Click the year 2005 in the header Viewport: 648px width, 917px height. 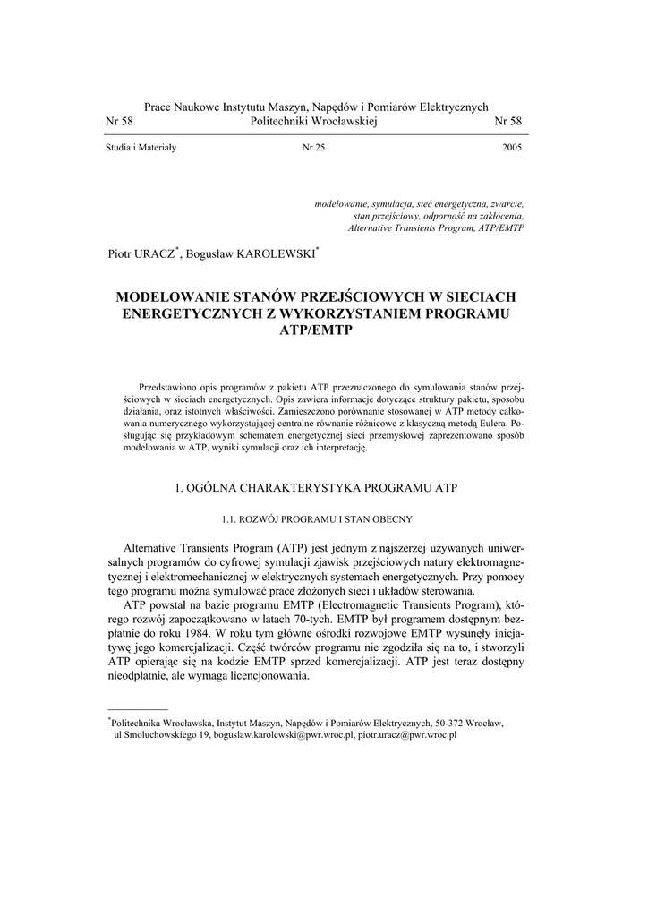(512, 148)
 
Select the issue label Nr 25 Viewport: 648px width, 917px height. (313, 148)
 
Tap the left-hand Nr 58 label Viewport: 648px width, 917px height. (119, 121)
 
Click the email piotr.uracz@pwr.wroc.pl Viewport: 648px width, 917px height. (408, 734)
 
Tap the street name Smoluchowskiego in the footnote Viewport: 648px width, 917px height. (165, 734)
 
